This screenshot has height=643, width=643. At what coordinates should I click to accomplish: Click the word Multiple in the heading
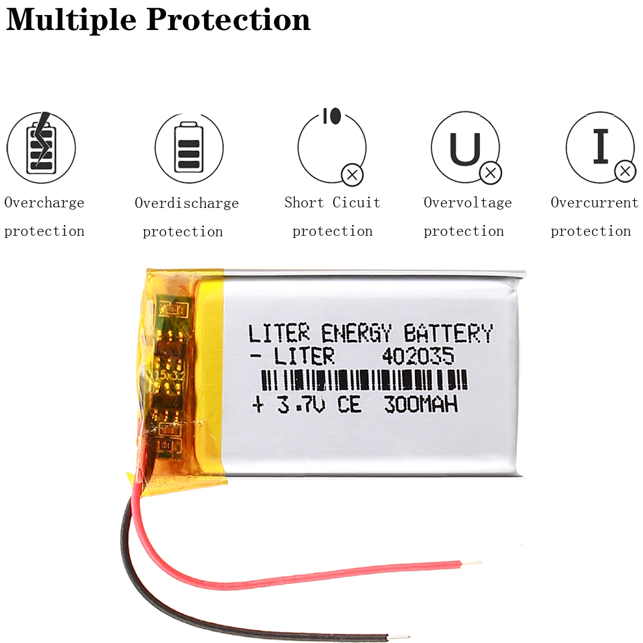point(71,20)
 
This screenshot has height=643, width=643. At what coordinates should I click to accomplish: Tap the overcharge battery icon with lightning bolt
point(41,147)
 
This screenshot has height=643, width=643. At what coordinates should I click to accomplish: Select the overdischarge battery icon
point(189,147)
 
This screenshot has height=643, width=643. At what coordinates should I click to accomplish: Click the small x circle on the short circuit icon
point(353,175)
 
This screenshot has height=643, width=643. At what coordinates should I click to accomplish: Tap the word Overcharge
point(44,203)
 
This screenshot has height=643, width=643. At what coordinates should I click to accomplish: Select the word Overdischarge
point(186,203)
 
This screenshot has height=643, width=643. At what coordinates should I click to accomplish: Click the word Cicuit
point(356,203)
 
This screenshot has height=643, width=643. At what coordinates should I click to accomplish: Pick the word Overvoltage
point(468,203)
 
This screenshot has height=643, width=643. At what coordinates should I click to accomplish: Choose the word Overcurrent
point(594,203)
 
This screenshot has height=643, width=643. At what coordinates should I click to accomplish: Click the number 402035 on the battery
point(417,356)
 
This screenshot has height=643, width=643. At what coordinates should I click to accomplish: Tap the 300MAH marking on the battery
point(421,404)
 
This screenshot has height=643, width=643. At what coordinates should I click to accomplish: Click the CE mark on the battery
point(349,405)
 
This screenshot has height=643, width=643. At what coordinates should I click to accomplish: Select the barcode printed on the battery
point(364,380)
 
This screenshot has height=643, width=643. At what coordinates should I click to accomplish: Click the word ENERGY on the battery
point(356,333)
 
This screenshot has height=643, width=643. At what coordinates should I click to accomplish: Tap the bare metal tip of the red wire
point(472,563)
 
